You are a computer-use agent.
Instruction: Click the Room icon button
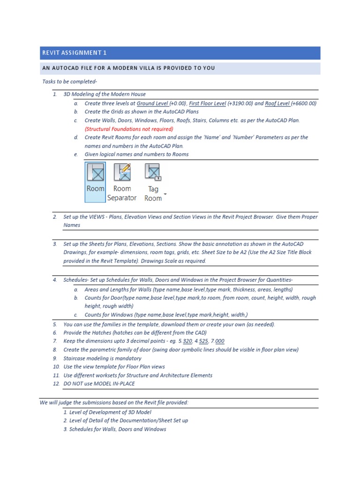pyautogui.click(x=95, y=182)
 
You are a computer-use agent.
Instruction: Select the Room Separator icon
pyautogui.click(x=122, y=182)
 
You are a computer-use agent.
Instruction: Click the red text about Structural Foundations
pyautogui.click(x=129, y=129)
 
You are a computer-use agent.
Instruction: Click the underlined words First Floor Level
pyautogui.click(x=207, y=103)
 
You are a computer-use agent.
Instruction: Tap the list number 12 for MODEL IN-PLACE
pyautogui.click(x=56, y=383)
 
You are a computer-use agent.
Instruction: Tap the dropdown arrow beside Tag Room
pyautogui.click(x=165, y=193)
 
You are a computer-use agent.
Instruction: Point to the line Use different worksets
pyautogui.click(x=138, y=375)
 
